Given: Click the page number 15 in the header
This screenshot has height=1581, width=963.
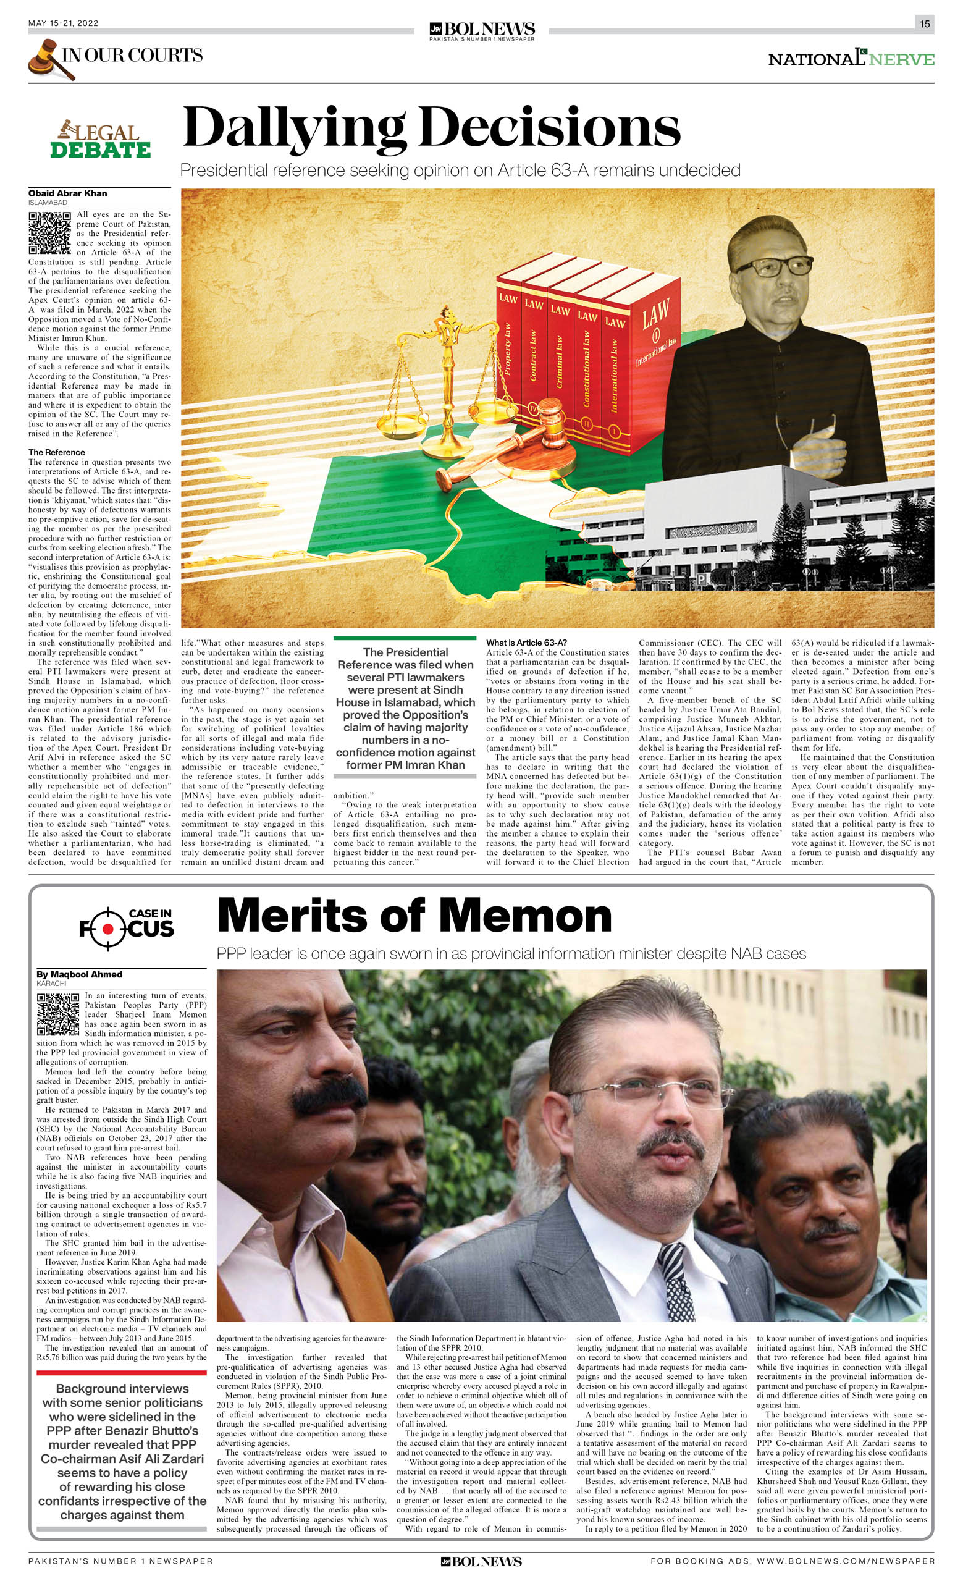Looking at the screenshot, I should [924, 23].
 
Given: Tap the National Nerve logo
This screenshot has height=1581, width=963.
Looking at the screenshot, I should [851, 59].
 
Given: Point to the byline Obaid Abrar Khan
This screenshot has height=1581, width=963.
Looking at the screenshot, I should [67, 193].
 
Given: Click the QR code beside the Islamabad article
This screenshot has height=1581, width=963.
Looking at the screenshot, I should [49, 232].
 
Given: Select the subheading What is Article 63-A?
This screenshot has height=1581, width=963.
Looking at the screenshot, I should [526, 643].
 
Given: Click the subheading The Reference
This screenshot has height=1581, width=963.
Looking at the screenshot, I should [56, 452].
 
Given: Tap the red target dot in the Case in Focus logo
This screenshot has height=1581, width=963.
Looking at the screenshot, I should [107, 929].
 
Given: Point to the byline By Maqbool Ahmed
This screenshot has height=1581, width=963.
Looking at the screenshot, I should [80, 974].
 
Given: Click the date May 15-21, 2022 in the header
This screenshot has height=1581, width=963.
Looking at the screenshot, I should [63, 23].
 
